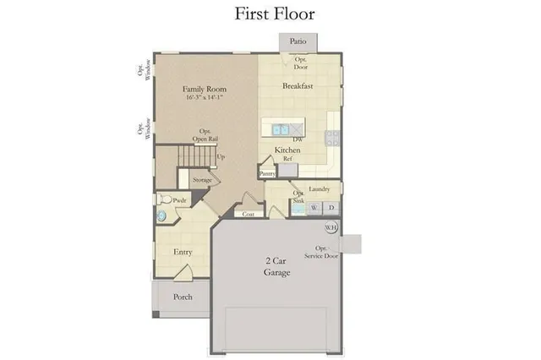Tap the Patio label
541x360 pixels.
pos(298,41)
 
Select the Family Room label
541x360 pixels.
pos(206,88)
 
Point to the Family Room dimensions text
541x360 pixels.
pos(206,98)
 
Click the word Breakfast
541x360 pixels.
pos(298,86)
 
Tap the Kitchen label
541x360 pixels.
pos(288,150)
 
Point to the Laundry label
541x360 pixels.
pos(320,188)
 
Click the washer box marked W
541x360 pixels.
pos(314,207)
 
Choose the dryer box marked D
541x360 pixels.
pos(331,207)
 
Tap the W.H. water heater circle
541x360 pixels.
pos(331,226)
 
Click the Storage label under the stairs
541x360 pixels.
pos(202,180)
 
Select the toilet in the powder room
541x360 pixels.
pos(164,200)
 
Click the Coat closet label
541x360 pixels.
pos(249,214)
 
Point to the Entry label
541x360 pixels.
pos(183,252)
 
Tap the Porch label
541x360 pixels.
pos(182,297)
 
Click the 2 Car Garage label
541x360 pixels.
pos(276,267)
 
